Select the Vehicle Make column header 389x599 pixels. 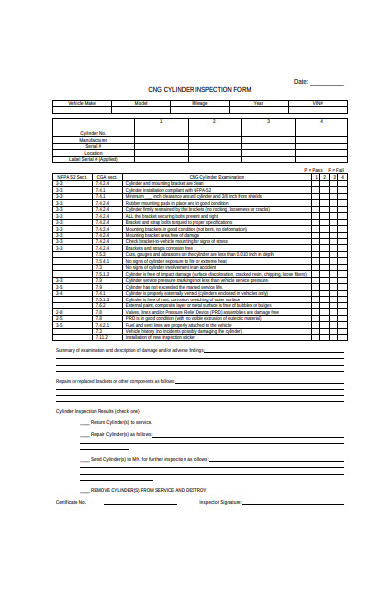(83, 103)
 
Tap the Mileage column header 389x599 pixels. (199, 103)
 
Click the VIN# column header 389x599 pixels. (318, 103)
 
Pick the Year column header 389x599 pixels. (258, 103)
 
